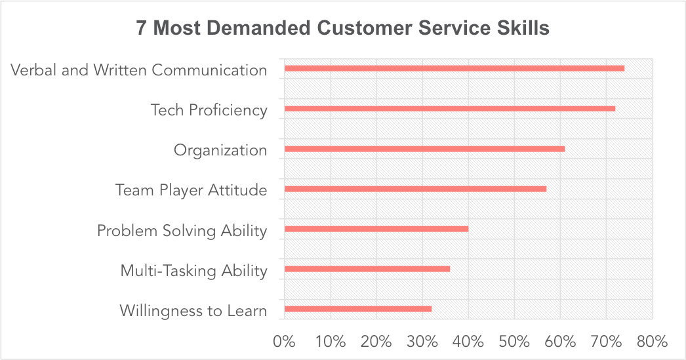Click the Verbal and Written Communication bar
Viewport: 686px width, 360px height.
click(x=454, y=68)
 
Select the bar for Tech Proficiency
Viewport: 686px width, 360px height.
click(x=449, y=109)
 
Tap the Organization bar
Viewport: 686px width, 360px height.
click(x=424, y=149)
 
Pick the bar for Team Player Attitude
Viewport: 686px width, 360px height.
click(x=415, y=189)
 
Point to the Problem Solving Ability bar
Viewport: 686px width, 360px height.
click(x=376, y=229)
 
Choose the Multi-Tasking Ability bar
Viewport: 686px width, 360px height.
click(x=367, y=269)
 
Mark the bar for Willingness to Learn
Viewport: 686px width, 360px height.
click(x=357, y=309)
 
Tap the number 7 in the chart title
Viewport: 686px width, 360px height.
click(x=142, y=30)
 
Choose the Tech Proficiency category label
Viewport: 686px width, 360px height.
click(x=209, y=110)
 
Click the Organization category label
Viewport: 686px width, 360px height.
click(x=220, y=150)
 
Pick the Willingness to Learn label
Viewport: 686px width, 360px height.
click(x=193, y=310)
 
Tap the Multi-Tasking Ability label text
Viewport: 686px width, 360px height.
click(x=193, y=270)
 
